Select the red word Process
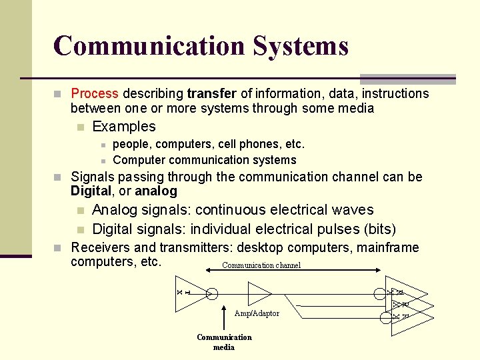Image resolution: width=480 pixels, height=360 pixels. click(x=95, y=94)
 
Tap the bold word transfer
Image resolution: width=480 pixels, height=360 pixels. click(x=212, y=94)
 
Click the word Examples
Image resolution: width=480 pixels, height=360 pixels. click(x=124, y=127)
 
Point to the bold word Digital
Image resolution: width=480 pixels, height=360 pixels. click(x=93, y=191)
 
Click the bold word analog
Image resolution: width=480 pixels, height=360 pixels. click(x=156, y=191)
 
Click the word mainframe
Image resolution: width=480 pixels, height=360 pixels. click(x=389, y=248)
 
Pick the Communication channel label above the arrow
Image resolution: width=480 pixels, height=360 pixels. click(x=261, y=265)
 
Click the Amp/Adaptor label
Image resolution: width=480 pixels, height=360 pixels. click(x=257, y=313)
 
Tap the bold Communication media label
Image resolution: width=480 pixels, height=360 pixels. click(x=224, y=342)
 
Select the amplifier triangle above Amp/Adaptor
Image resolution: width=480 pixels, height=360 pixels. click(x=259, y=293)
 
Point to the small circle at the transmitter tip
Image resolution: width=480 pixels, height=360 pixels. click(x=211, y=293)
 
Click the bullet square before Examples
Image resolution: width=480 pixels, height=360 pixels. click(x=81, y=127)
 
